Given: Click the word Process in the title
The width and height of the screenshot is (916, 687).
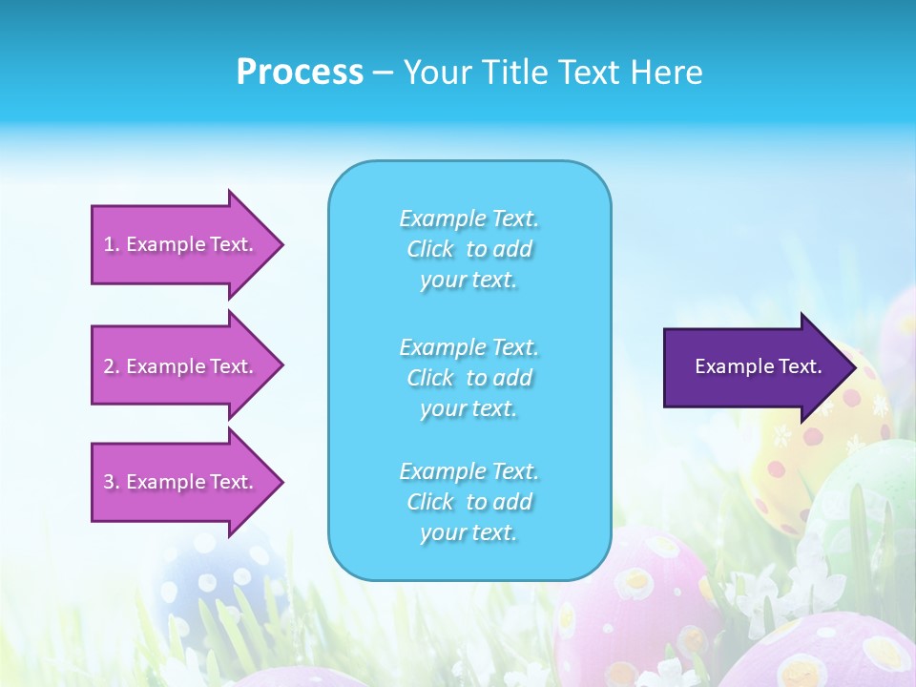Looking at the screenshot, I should (x=300, y=73).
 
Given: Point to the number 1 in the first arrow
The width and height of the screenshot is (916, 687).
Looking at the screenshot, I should (x=109, y=244).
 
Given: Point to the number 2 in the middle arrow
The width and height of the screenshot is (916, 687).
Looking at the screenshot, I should (x=109, y=366).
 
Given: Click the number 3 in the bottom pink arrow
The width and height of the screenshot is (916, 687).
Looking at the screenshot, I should (x=109, y=482).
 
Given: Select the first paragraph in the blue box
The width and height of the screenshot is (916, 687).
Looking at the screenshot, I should (x=469, y=249).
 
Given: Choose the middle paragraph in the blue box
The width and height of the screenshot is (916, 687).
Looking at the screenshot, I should (x=469, y=378).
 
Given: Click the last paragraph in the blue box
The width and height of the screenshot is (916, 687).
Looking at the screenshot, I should (x=469, y=502).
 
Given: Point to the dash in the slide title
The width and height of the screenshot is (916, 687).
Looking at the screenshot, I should (x=384, y=73).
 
